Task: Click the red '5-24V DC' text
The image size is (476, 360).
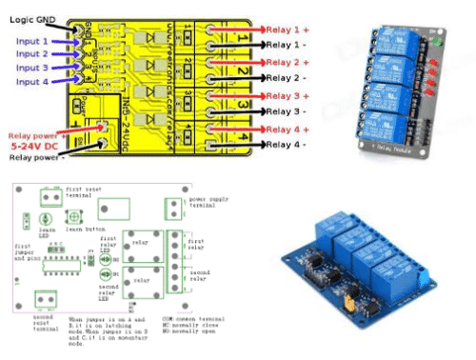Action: (35, 149)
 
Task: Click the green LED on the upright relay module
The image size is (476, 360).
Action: (437, 44)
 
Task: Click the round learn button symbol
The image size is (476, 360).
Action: (73, 218)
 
